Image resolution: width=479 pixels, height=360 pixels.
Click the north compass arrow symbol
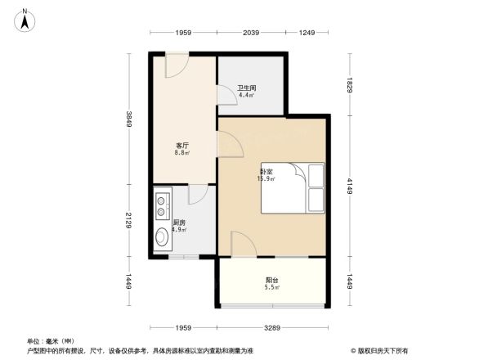[x=25, y=19]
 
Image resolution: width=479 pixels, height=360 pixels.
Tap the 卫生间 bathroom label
[x=247, y=88]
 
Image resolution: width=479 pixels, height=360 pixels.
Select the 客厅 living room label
[x=181, y=145]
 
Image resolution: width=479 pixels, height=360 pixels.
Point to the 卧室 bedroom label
[x=266, y=172]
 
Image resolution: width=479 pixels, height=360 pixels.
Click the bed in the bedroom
[x=292, y=188]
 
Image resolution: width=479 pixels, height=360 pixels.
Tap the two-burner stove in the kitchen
[x=160, y=205]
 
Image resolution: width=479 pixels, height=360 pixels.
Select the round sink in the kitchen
[x=162, y=238]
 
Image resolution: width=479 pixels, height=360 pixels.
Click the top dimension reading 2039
[x=251, y=32]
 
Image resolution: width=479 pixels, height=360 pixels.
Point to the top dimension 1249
[x=307, y=32]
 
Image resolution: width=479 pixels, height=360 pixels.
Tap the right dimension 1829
[x=349, y=83]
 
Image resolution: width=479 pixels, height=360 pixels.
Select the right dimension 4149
[x=349, y=185]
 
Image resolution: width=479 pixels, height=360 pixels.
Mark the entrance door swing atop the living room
[x=177, y=65]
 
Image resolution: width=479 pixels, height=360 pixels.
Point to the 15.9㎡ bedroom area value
[x=266, y=178]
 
